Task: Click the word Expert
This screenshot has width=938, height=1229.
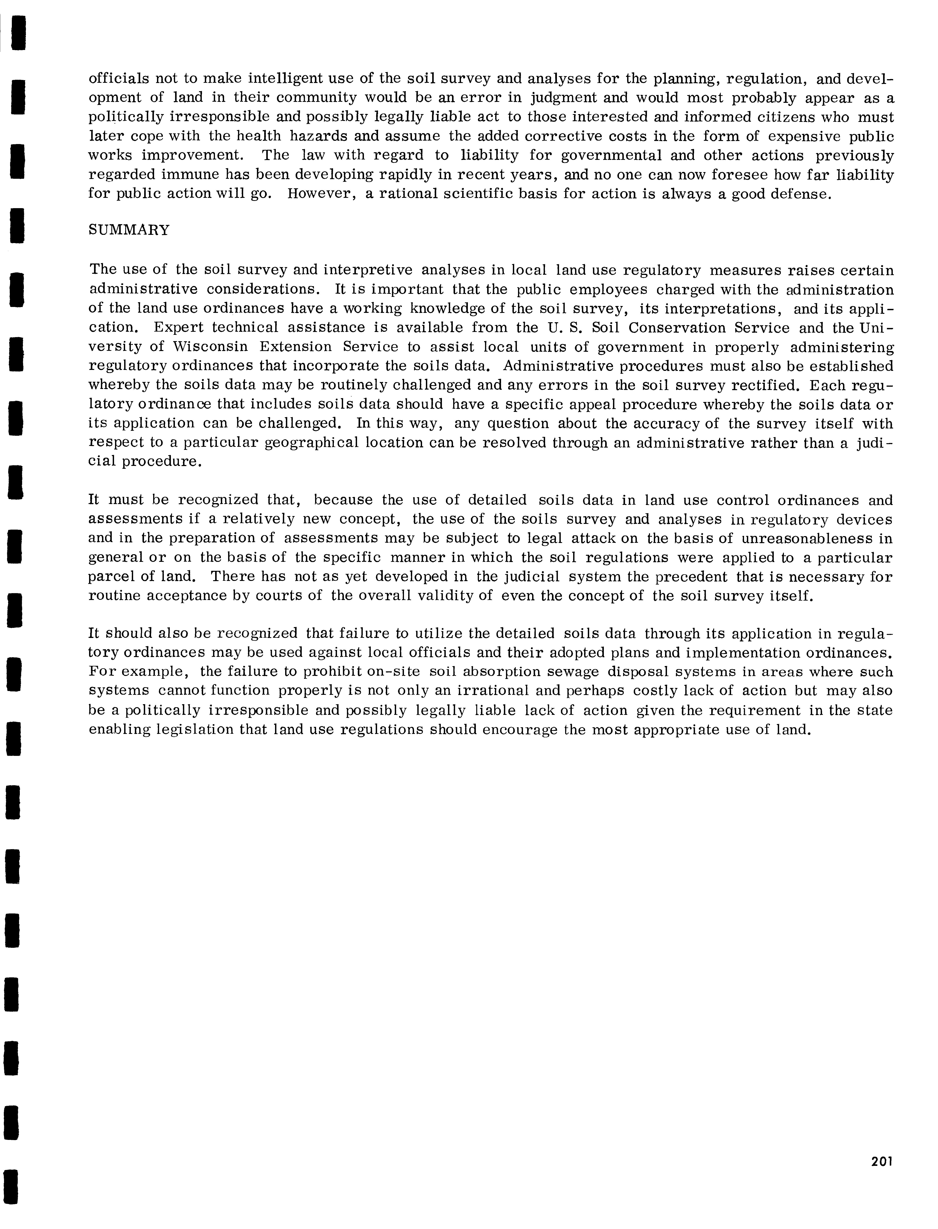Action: click(x=176, y=328)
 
